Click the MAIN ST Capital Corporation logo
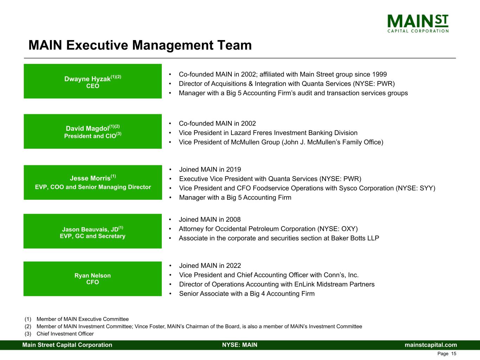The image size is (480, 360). [x=418, y=24]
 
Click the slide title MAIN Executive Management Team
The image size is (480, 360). [x=140, y=45]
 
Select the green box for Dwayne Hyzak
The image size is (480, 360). [x=93, y=81]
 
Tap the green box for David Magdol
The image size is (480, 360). [x=93, y=131]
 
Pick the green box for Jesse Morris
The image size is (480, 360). [x=93, y=182]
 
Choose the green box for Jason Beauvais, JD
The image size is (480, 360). [x=93, y=231]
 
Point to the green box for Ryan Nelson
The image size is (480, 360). [x=93, y=279]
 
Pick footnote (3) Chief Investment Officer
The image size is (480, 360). [x=59, y=334]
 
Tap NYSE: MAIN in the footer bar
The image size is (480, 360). [x=240, y=345]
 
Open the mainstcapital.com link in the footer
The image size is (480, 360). [x=431, y=345]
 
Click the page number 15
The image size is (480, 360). [x=454, y=354]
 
